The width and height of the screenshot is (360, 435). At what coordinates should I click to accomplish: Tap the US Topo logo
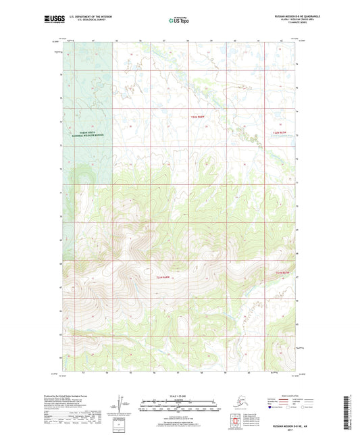tap(179, 21)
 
